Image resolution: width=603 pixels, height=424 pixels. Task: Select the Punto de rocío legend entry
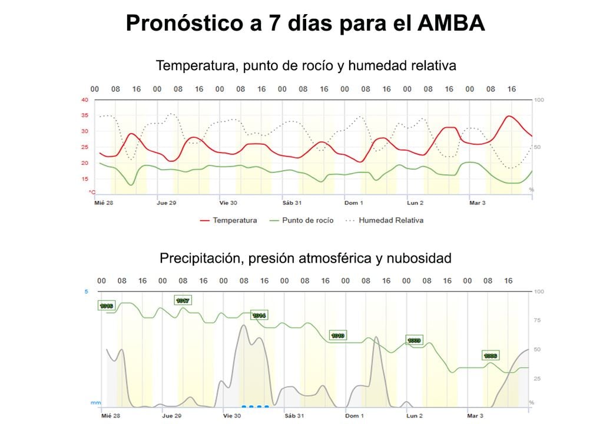(301, 220)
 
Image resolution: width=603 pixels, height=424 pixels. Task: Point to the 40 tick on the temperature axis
(85, 100)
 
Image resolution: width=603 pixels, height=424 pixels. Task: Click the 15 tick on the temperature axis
(85, 178)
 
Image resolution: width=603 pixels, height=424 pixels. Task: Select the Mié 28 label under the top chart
(104, 203)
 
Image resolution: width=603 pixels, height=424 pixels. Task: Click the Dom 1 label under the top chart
(354, 203)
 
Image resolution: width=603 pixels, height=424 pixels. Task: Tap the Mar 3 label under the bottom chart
(476, 416)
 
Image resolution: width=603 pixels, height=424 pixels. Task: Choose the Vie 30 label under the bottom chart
(232, 416)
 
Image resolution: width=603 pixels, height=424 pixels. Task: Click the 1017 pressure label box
(183, 300)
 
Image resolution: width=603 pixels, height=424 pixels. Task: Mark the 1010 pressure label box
(337, 335)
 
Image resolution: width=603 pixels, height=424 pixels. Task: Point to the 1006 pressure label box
(491, 356)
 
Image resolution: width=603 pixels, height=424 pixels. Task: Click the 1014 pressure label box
(259, 315)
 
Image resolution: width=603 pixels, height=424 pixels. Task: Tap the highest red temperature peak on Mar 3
(509, 116)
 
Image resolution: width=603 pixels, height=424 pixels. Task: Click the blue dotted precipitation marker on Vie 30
(255, 406)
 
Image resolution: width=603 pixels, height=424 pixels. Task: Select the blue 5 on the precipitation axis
(86, 291)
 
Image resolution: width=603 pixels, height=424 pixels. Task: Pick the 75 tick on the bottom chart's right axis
(537, 320)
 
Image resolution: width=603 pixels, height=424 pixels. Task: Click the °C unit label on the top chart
(92, 191)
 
